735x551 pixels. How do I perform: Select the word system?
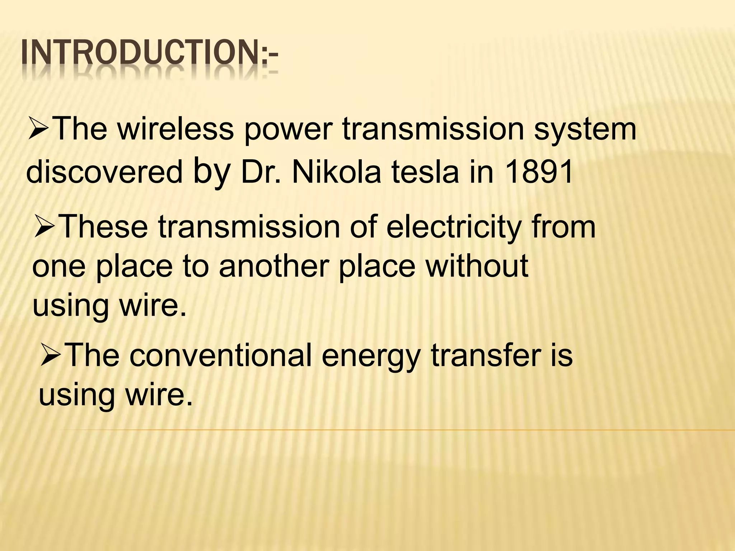[585, 130]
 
